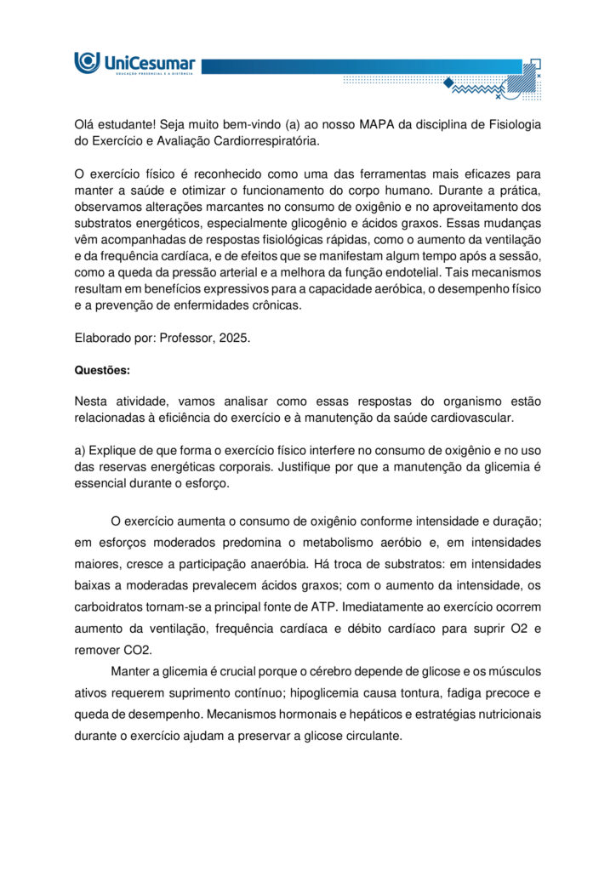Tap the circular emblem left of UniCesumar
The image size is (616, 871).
[87, 62]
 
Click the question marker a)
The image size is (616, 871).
[79, 450]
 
